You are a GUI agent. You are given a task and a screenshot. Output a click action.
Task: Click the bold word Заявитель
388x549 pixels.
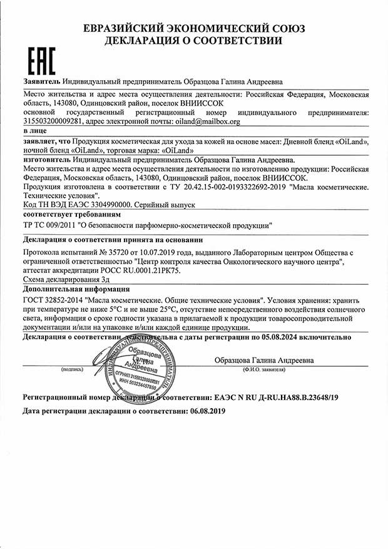pos(41,81)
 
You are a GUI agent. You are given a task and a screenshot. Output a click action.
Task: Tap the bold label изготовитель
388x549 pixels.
pos(46,160)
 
